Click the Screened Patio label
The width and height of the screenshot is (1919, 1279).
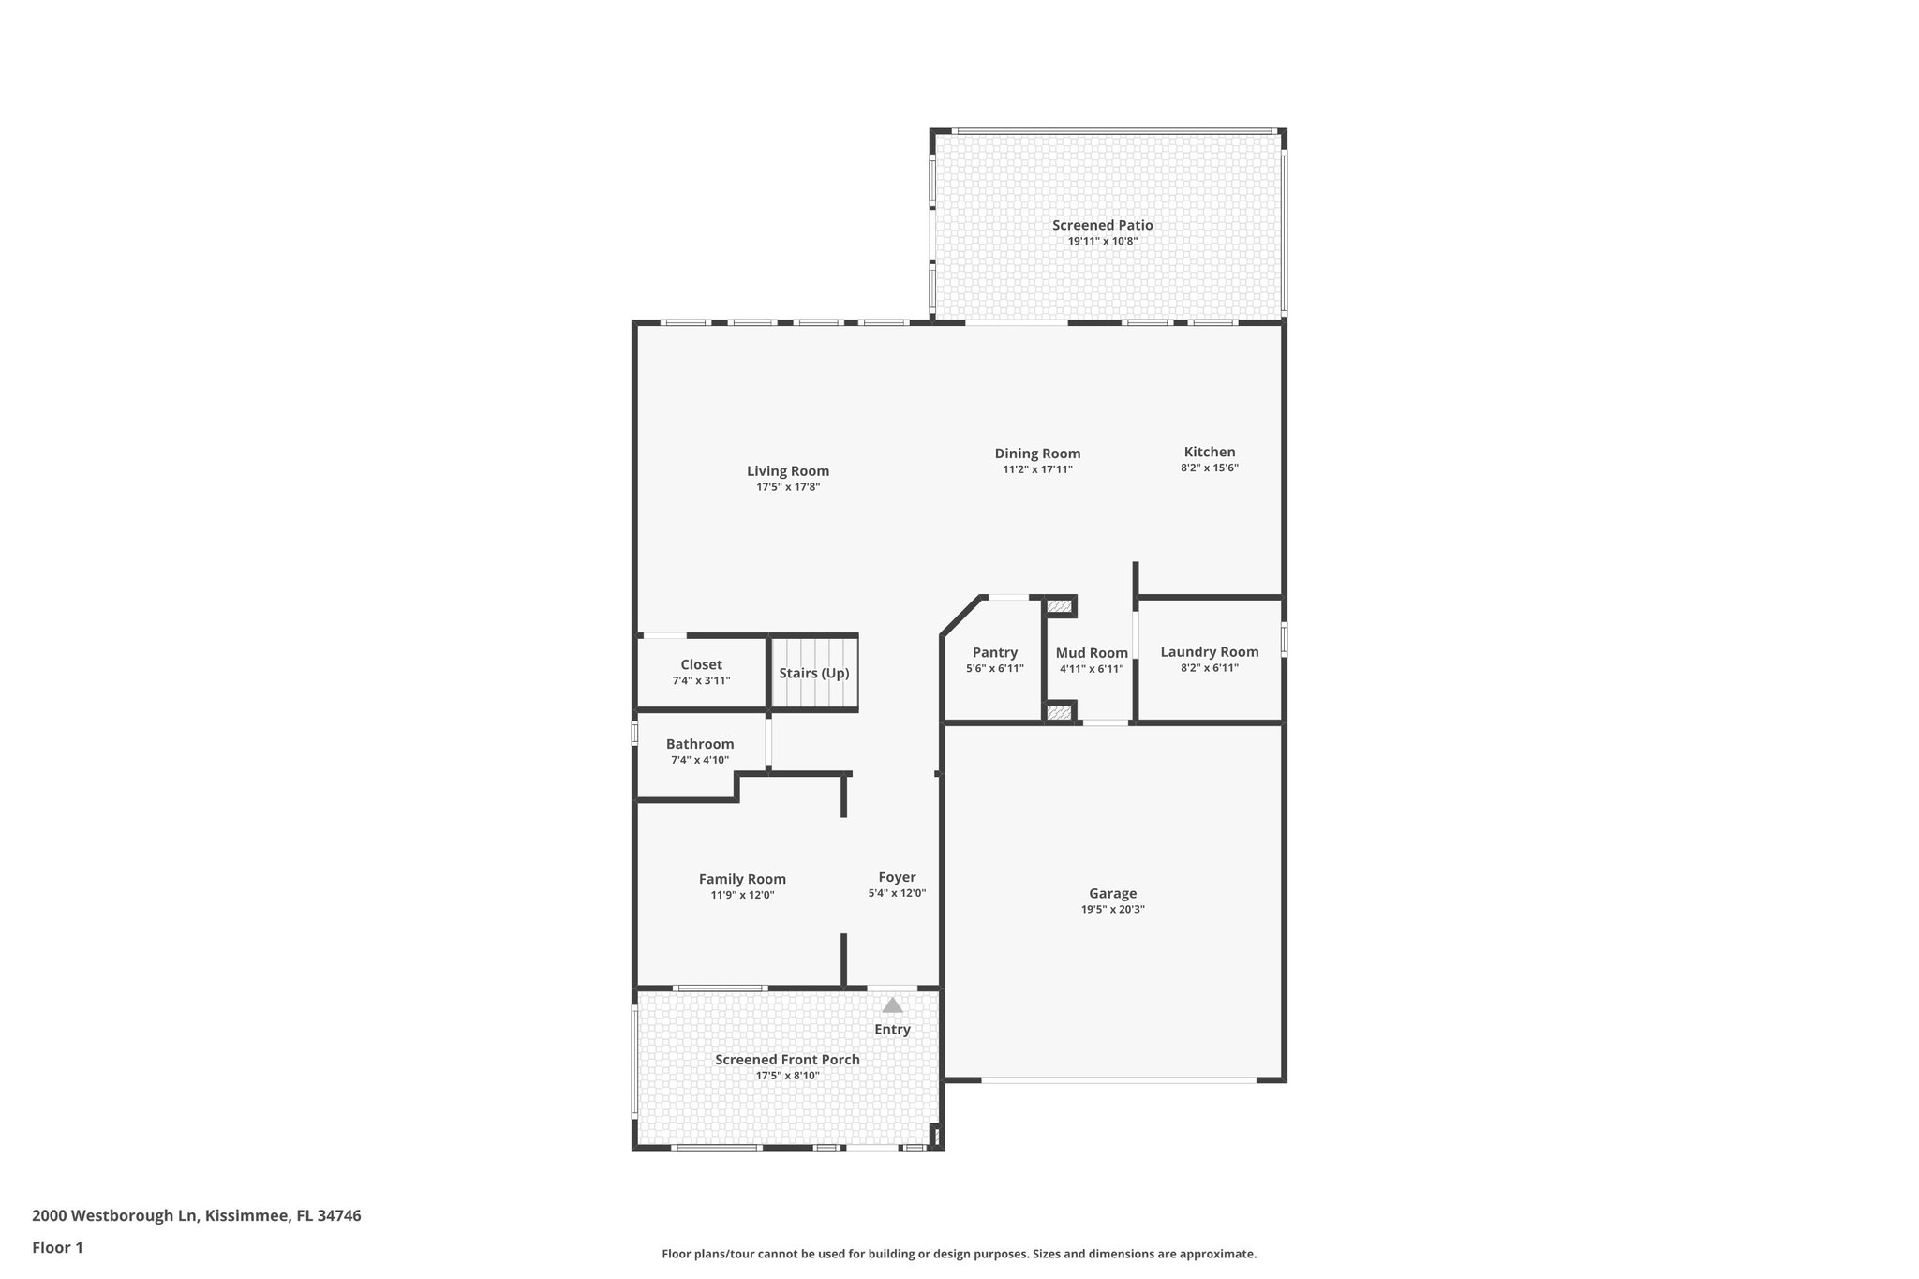click(1102, 225)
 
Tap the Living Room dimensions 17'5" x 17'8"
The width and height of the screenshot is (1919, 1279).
click(788, 487)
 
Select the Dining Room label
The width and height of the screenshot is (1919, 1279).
click(1037, 454)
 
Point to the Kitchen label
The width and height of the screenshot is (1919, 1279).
click(1209, 452)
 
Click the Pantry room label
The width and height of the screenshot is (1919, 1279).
click(994, 652)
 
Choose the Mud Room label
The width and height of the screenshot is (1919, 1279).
click(1092, 653)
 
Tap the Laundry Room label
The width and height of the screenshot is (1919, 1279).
click(1209, 652)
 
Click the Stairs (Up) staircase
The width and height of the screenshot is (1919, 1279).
click(814, 673)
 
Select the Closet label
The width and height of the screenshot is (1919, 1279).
click(701, 664)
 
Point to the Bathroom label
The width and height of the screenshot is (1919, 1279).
click(700, 744)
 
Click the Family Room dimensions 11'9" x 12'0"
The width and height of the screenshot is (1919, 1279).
click(742, 895)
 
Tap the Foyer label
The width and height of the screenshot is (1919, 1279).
click(897, 877)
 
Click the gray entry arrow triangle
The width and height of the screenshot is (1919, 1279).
click(892, 1005)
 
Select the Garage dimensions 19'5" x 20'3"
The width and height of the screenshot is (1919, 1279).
click(1112, 909)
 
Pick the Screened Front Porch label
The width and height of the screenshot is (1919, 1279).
click(787, 1060)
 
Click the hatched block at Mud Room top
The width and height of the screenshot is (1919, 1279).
click(1059, 607)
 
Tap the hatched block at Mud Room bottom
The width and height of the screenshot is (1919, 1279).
click(1059, 713)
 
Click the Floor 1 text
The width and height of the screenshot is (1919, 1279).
click(58, 1247)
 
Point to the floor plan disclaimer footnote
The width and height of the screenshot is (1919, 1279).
click(959, 1254)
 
